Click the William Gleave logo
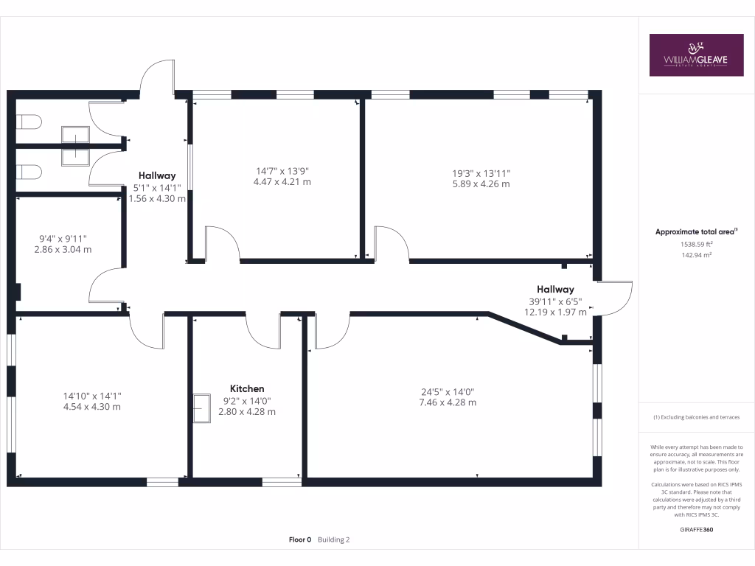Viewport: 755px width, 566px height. (x=696, y=55)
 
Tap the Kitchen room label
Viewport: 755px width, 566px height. (x=247, y=388)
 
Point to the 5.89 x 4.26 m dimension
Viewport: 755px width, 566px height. (x=481, y=184)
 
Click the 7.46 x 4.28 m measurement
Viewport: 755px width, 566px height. (x=448, y=402)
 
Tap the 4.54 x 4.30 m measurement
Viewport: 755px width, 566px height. (x=92, y=406)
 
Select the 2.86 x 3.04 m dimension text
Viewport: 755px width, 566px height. (x=63, y=249)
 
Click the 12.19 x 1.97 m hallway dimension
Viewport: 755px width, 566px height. (x=555, y=312)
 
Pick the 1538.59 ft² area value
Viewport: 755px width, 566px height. (x=696, y=243)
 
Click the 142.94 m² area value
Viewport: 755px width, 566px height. (x=696, y=254)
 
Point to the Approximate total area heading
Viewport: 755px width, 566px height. (x=696, y=231)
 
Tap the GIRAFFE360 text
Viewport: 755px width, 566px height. (x=696, y=529)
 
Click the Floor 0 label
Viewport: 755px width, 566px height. (x=300, y=539)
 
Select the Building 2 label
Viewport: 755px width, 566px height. (x=334, y=539)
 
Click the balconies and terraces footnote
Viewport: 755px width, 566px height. (x=696, y=417)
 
